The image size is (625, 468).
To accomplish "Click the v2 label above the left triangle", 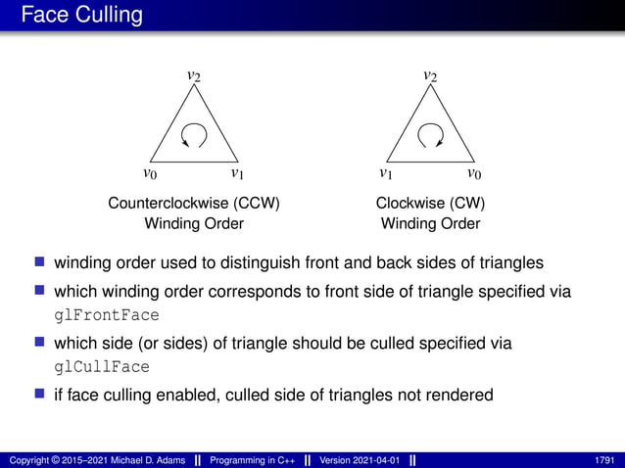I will pos(195,75).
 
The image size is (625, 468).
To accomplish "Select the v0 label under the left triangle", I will pos(150,174).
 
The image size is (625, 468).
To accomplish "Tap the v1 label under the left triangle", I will pos(237,174).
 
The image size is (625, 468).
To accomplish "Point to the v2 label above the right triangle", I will pos(430,75).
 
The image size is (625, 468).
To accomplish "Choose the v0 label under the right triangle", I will pos(473,174).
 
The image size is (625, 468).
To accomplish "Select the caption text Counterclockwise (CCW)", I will pos(194,204).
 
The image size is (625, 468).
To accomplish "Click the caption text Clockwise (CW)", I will pos(430,204).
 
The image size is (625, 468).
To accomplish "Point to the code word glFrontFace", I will pos(105,315).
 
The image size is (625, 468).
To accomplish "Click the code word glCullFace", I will pos(101,367).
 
